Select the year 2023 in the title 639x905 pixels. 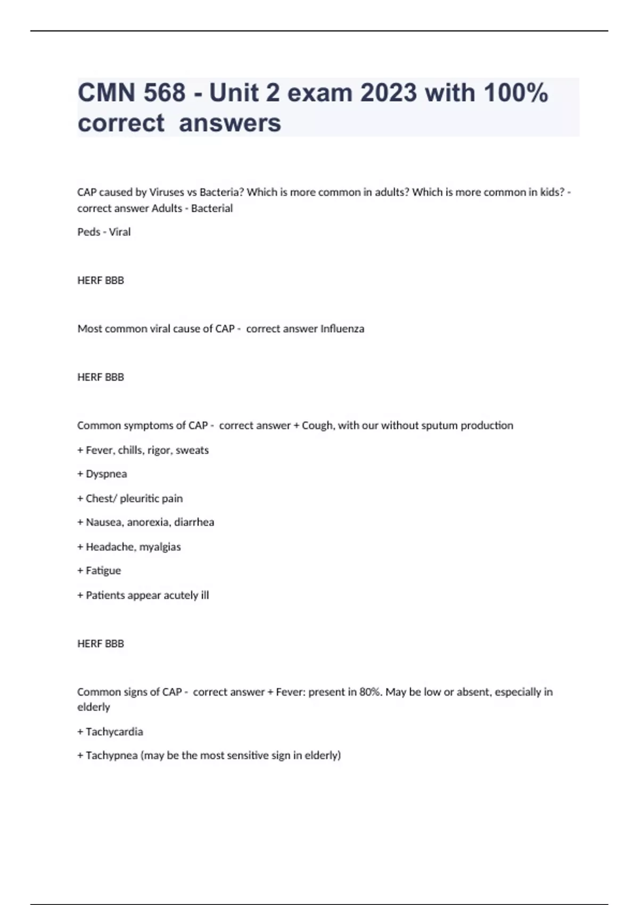[x=388, y=93]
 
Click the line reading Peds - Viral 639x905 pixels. [x=104, y=232]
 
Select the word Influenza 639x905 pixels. [x=342, y=329]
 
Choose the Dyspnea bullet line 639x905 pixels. [x=102, y=474]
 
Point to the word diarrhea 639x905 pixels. [x=194, y=522]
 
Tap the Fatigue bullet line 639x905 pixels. [x=99, y=571]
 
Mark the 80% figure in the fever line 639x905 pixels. [x=371, y=692]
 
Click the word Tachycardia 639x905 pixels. [x=114, y=732]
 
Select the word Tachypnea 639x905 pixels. [x=111, y=755]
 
